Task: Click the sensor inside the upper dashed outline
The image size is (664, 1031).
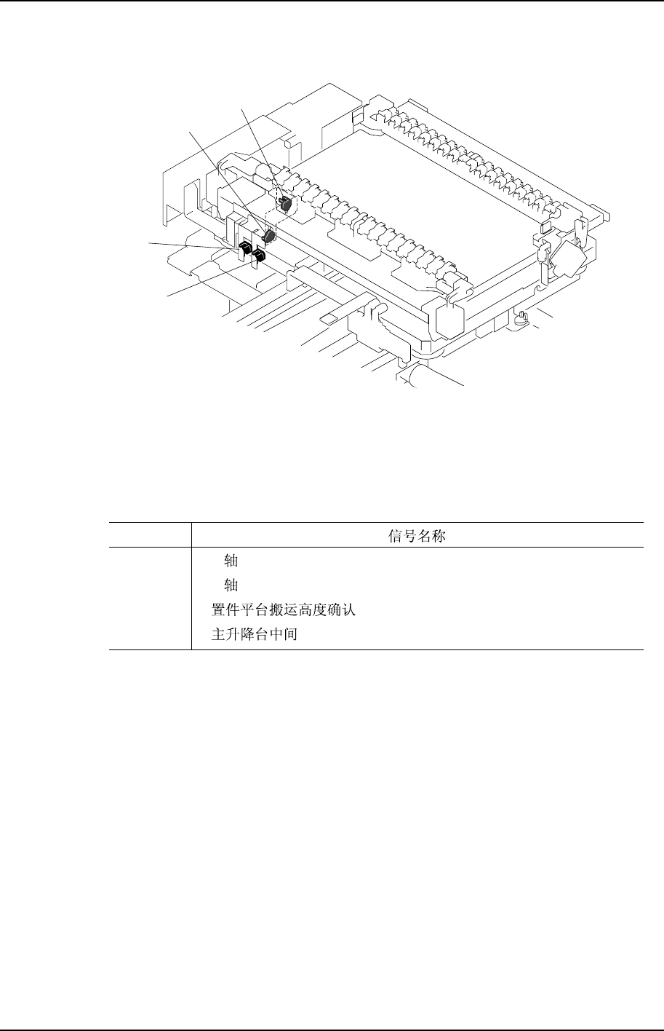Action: click(x=285, y=205)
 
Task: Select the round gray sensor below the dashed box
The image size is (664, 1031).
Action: click(x=268, y=236)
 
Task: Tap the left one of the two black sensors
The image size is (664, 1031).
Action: click(x=246, y=251)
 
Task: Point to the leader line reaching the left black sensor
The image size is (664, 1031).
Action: click(x=193, y=245)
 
